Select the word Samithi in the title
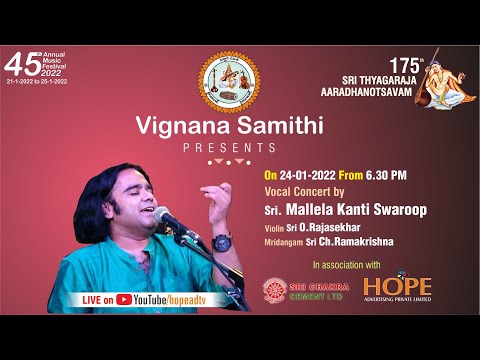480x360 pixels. click(x=275, y=127)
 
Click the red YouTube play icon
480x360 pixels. click(x=124, y=298)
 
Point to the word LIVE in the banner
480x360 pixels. click(x=91, y=298)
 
